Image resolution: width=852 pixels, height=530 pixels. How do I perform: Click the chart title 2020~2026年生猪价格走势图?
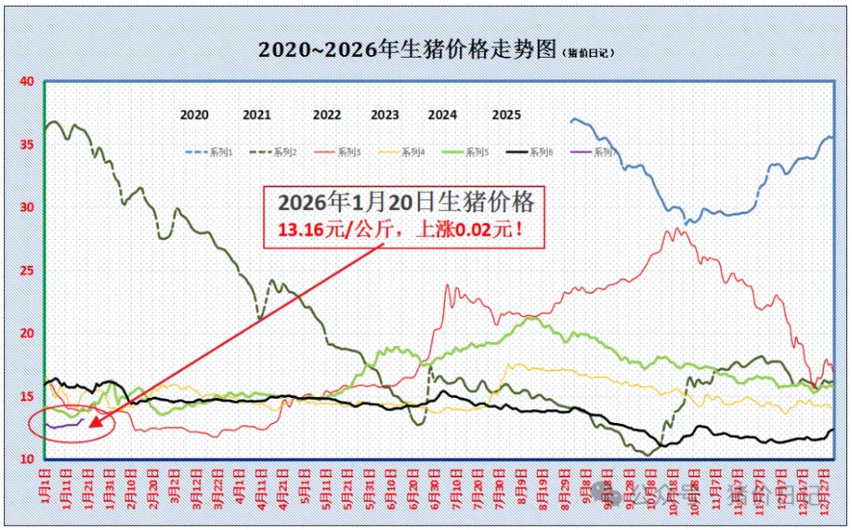click(406, 49)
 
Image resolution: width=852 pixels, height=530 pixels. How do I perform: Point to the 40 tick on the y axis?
click(27, 82)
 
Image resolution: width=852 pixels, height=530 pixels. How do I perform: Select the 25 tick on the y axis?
click(27, 270)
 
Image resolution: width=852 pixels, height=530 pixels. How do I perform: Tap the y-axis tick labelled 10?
click(27, 459)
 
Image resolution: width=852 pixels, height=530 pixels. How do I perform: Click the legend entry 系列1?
click(220, 152)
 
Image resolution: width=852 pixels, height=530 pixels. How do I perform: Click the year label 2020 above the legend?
click(195, 115)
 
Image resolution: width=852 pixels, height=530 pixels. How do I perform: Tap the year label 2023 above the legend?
click(385, 115)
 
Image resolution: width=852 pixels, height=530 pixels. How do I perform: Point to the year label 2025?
click(507, 115)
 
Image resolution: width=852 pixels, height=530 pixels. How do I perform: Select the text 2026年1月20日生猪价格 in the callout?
click(406, 202)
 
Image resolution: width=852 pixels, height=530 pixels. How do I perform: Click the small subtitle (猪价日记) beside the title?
click(588, 52)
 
